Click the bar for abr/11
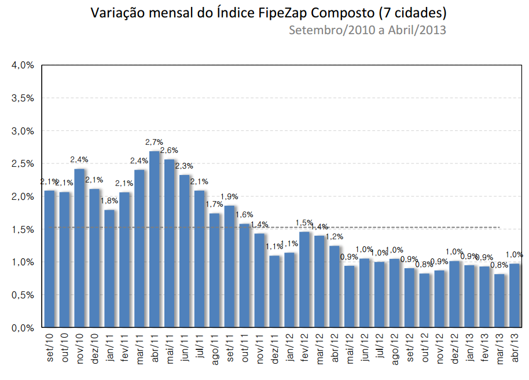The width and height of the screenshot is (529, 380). [155, 239]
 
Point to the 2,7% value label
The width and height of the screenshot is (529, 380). [154, 142]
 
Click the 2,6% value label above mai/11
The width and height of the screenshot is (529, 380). [169, 151]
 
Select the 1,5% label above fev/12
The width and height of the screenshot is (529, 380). [304, 222]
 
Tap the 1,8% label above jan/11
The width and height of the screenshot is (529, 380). [109, 200]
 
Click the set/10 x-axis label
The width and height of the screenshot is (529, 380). [50, 348]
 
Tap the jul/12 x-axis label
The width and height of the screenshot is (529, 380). [380, 348]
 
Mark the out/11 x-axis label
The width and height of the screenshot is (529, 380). [245, 348]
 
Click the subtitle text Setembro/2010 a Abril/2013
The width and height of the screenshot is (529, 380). [368, 30]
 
